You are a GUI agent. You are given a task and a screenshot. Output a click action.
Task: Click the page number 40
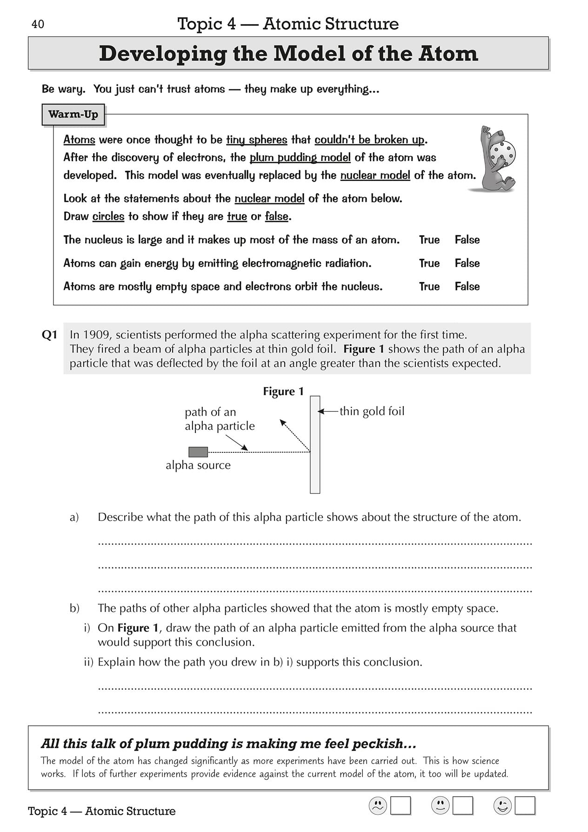[38, 24]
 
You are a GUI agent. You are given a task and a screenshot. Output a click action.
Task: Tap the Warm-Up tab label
[73, 114]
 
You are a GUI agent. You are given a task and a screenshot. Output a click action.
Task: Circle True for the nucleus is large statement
[429, 240]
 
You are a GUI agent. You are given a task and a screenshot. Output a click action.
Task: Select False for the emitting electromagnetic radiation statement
[467, 263]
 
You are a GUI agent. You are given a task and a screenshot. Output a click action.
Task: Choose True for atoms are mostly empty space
[429, 287]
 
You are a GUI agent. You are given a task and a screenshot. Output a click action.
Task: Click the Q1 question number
[49, 335]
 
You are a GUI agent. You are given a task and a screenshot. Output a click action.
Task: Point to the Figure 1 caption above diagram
[283, 392]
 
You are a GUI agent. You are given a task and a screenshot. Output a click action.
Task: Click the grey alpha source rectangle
[198, 451]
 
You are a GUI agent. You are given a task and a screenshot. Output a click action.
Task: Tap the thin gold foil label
[372, 411]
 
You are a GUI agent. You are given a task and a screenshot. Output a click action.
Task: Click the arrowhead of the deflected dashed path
[281, 422]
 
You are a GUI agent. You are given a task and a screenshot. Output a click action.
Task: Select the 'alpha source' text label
[198, 465]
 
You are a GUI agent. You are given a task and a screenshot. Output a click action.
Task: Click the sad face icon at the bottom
[378, 806]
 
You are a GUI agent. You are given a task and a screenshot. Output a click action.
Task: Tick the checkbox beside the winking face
[525, 806]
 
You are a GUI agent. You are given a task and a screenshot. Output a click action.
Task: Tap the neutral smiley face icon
[440, 806]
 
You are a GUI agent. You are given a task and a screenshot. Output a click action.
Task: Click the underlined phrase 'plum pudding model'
[300, 158]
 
